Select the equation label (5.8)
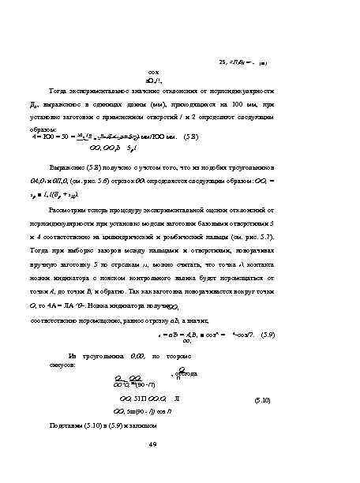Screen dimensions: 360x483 click(x=193, y=137)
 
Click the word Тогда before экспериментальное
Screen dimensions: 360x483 click(x=60, y=91)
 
